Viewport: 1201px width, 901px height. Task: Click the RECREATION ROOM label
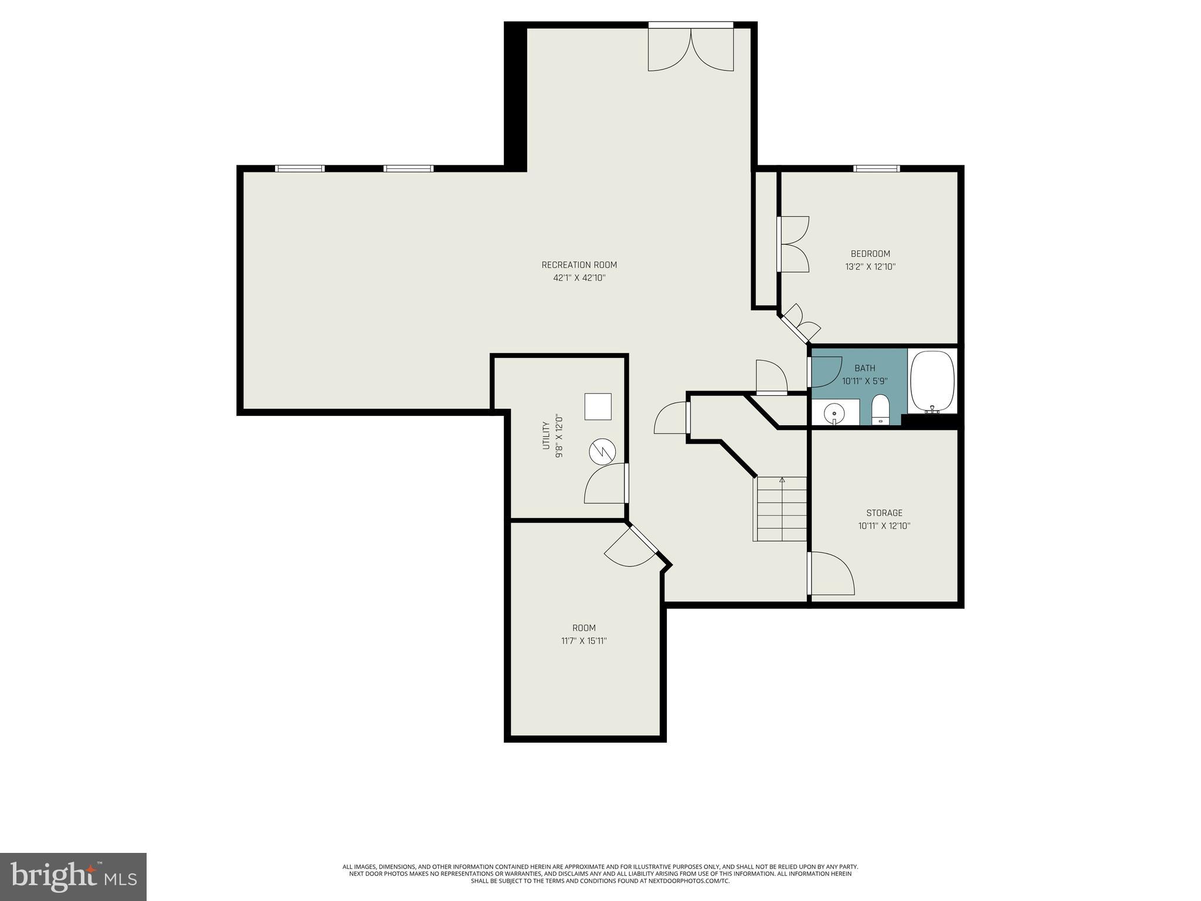click(x=579, y=265)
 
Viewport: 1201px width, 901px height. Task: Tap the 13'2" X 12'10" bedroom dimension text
click(x=870, y=267)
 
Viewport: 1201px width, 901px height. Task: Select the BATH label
click(x=864, y=368)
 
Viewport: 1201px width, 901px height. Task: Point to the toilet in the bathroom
click(x=880, y=408)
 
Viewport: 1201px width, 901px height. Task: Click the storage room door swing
click(x=832, y=574)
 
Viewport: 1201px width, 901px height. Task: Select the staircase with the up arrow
click(x=781, y=509)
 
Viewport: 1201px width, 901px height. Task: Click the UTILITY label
click(x=545, y=435)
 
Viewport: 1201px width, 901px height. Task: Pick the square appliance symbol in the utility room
click(x=598, y=407)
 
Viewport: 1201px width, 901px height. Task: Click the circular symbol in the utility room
click(x=602, y=452)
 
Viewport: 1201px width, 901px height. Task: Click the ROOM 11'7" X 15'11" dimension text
click(x=583, y=641)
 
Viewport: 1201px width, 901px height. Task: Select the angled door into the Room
click(x=631, y=548)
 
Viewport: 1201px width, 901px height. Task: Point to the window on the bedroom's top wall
click(x=876, y=169)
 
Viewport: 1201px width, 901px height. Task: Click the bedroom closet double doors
click(x=794, y=245)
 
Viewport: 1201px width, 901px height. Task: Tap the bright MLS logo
click(x=73, y=876)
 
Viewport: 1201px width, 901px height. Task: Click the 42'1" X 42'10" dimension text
click(x=579, y=278)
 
